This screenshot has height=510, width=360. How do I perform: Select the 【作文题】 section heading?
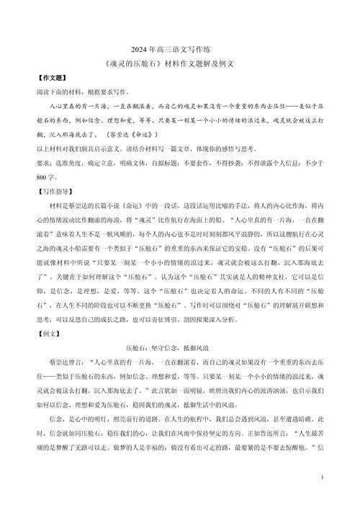click(x=50, y=79)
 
